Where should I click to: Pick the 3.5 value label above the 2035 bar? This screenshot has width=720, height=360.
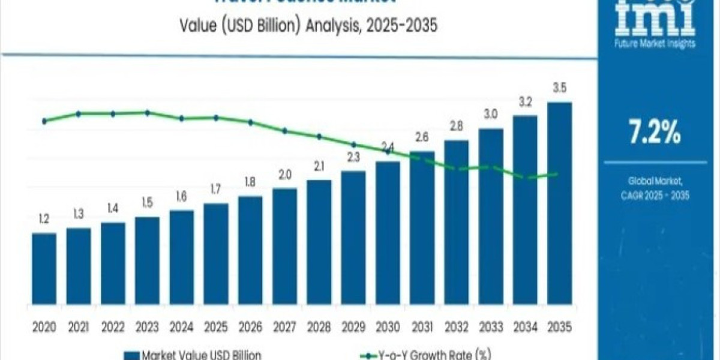point(559,88)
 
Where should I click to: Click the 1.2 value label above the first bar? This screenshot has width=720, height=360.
point(44,219)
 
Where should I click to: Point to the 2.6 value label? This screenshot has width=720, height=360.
point(422,137)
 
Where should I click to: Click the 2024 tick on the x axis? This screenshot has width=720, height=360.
point(181,327)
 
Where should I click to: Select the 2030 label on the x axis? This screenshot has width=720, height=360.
point(388,327)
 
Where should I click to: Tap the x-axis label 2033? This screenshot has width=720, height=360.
point(491,327)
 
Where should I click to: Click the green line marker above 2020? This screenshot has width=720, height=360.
point(44,121)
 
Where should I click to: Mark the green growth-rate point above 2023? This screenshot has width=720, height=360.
point(147,113)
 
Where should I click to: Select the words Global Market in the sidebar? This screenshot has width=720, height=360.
point(655,180)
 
